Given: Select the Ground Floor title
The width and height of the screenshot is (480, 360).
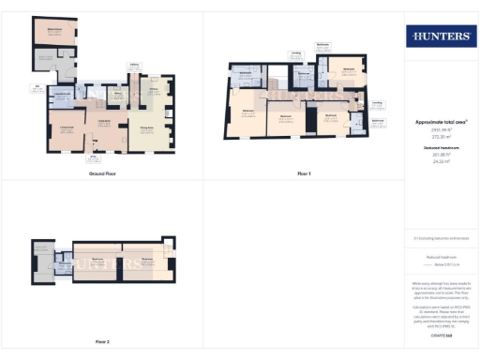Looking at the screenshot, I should coord(102,174).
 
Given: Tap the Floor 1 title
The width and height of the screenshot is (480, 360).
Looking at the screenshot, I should coord(303,174).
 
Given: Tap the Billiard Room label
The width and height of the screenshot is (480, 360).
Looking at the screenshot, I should coord(53,30).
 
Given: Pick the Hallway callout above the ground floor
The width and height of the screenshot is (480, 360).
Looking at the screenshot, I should coord(134,65).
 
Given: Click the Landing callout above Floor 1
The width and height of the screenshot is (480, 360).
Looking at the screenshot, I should coord(295,52).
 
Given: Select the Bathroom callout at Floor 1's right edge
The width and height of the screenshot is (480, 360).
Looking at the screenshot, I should coord(377,121).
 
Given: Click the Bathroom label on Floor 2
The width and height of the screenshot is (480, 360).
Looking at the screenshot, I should coord(65,263).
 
